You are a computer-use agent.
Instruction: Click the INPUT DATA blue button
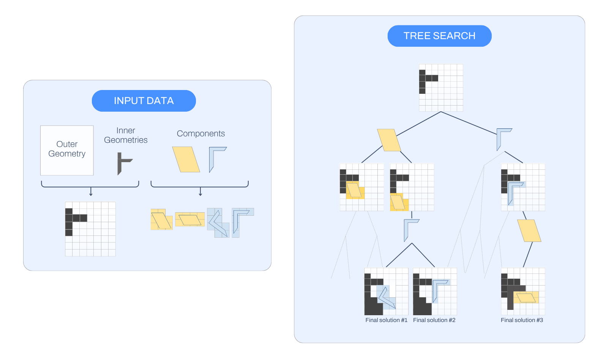click(x=144, y=101)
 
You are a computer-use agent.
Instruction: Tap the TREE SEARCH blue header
click(x=439, y=36)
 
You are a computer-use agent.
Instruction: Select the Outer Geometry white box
click(x=67, y=150)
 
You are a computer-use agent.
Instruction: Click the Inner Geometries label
click(x=126, y=135)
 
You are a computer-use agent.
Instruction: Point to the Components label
click(x=200, y=134)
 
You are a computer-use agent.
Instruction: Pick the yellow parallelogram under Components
click(x=186, y=159)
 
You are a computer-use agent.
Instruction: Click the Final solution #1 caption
click(x=386, y=320)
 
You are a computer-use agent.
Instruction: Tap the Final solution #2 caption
click(x=434, y=320)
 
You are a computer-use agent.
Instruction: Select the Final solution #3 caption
click(x=522, y=320)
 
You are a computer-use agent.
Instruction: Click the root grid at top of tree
click(x=441, y=87)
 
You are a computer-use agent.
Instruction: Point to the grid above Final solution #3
click(x=523, y=291)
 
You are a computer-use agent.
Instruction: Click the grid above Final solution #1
click(x=386, y=291)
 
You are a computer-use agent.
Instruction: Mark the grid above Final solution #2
click(x=435, y=291)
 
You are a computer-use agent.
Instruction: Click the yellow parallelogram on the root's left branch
click(x=389, y=140)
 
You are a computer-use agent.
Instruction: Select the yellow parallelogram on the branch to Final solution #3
click(x=529, y=231)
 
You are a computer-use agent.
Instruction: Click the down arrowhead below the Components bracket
click(x=200, y=194)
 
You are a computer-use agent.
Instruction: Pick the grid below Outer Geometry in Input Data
click(x=90, y=229)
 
